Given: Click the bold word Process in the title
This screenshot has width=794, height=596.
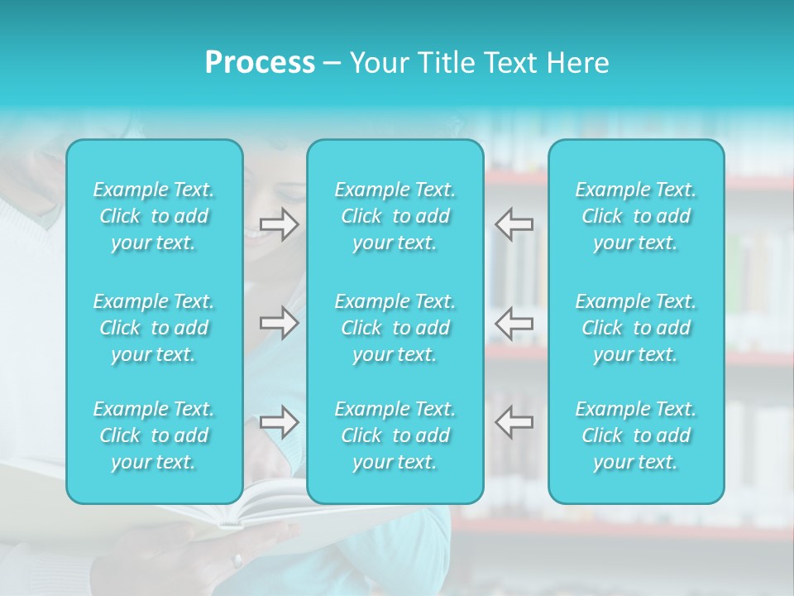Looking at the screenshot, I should tap(260, 63).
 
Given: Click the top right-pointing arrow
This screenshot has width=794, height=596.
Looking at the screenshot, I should tap(279, 224).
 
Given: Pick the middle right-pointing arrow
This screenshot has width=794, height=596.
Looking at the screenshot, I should tap(279, 323).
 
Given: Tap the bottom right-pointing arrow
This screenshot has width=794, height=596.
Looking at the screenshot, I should tap(279, 422).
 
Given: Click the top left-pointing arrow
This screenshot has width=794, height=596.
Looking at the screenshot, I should tap(514, 224).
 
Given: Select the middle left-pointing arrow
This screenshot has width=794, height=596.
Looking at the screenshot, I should tap(514, 323).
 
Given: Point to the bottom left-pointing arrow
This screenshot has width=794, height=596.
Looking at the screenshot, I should tap(514, 422).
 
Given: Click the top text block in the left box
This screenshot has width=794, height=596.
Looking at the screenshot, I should tap(154, 216).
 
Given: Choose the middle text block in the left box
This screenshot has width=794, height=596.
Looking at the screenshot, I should tap(154, 328).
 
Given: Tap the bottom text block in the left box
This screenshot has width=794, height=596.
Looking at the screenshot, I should tap(154, 435).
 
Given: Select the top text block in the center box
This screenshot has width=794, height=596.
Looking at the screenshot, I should tap(395, 216).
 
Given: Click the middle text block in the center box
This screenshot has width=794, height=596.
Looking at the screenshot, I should tap(395, 328).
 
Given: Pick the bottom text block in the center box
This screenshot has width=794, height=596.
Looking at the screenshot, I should tap(395, 435).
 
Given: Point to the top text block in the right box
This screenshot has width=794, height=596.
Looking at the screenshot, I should tap(636, 216).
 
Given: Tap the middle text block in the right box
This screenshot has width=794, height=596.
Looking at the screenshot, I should tap(636, 328).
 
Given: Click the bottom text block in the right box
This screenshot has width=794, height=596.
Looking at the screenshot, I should tap(636, 435).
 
